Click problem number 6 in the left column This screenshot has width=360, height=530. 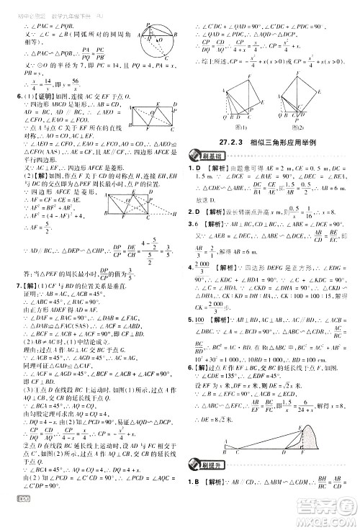6,98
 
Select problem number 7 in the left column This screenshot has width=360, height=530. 6,302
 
